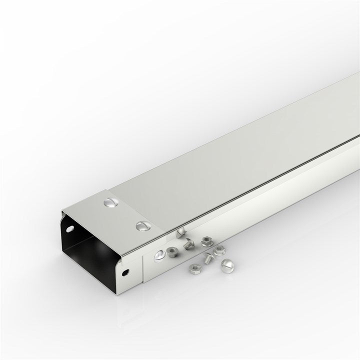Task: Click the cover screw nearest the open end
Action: pyautogui.click(x=110, y=203)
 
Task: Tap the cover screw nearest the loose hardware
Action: pyautogui.click(x=141, y=226)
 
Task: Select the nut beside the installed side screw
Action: pyautogui.click(x=173, y=250)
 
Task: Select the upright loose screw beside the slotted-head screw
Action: pyautogui.click(x=207, y=258)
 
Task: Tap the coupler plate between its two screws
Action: pyautogui.click(x=126, y=214)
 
